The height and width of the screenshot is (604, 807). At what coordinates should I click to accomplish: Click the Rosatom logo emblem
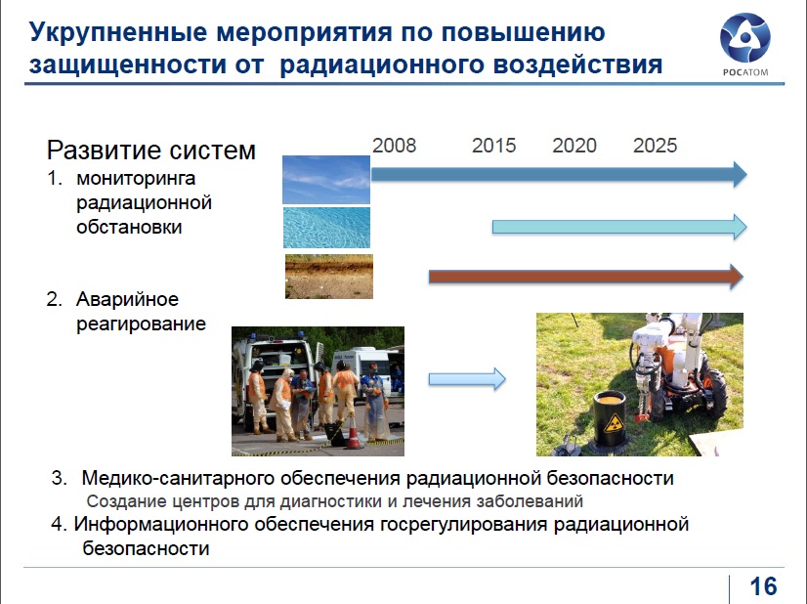point(744,38)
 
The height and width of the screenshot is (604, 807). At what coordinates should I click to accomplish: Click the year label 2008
point(395,146)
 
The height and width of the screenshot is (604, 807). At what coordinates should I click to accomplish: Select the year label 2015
point(494,146)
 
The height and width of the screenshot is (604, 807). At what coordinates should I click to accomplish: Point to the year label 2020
point(574,146)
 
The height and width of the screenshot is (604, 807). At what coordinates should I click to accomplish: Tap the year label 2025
point(656,146)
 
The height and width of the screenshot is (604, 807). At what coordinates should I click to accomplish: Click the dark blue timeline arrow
point(559,175)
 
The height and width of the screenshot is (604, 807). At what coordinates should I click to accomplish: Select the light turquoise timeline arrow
point(619,227)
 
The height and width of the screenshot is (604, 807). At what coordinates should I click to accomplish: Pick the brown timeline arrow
point(586,277)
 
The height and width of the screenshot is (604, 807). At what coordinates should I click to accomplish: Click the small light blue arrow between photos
point(467,379)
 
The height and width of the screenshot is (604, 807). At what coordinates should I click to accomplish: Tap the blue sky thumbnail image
point(326,180)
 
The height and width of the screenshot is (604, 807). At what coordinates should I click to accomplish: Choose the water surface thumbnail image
point(327,228)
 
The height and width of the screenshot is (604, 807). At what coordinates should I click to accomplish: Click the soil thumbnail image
point(329,277)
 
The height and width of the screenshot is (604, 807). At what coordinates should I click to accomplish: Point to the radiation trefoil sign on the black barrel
point(613,424)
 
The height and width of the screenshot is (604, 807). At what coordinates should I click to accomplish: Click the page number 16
point(763,586)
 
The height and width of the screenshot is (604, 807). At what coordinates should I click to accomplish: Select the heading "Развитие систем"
point(151,151)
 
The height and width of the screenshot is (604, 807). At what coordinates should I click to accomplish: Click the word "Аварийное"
point(128,299)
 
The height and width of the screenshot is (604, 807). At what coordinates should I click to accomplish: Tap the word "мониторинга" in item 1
point(136,179)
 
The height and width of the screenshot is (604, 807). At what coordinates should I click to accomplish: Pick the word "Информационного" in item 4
point(161,524)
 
